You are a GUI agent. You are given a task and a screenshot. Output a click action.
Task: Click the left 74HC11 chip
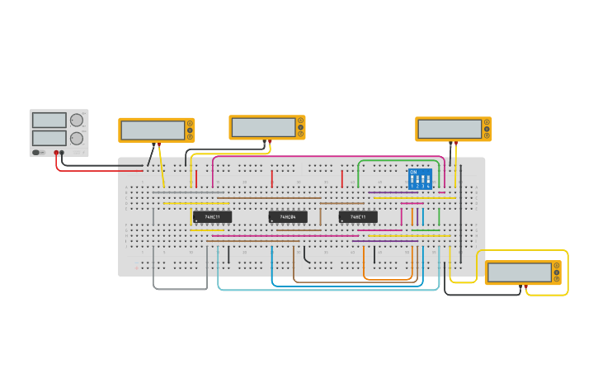pyautogui.click(x=212, y=216)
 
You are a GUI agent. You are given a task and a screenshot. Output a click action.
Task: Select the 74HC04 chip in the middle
pyautogui.click(x=288, y=216)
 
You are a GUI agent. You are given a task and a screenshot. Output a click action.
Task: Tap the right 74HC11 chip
pyautogui.click(x=358, y=216)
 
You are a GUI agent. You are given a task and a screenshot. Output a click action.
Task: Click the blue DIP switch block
pyautogui.click(x=420, y=179)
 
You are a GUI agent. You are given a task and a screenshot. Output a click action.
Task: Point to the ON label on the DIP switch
pyautogui.click(x=413, y=172)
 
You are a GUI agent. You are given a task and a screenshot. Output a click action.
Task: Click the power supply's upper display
pyautogui.click(x=49, y=121)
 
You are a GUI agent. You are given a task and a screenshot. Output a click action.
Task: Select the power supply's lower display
pyautogui.click(x=49, y=138)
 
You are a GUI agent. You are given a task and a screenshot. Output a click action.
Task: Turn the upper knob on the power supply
pyautogui.click(x=77, y=121)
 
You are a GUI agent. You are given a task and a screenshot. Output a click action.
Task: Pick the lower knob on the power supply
pyautogui.click(x=77, y=139)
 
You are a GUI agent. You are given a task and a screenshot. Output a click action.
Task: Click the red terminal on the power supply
pyautogui.click(x=56, y=153)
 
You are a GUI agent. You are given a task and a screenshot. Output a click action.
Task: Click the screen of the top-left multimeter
pyautogui.click(x=153, y=130)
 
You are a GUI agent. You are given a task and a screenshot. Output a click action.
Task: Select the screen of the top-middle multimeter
pyautogui.click(x=263, y=127)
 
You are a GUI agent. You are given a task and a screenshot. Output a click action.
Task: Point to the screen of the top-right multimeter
pyautogui.click(x=450, y=129)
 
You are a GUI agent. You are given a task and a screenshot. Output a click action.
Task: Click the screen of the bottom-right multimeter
pyautogui.click(x=519, y=272)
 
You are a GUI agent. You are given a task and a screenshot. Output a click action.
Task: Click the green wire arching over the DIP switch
pyautogui.click(x=396, y=161)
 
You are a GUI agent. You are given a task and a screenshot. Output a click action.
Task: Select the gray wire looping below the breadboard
pyautogui.click(x=180, y=289)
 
